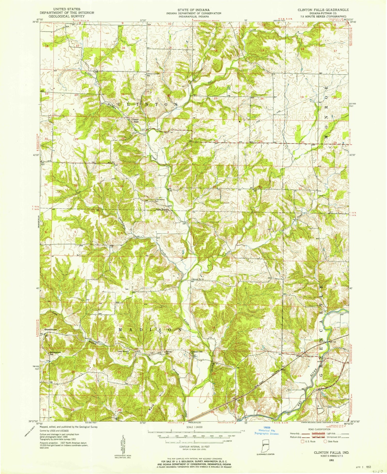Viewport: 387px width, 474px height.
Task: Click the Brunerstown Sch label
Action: [53, 353]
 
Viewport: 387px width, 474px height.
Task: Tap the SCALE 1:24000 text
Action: [193, 427]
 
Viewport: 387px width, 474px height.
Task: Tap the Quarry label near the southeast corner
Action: [320, 408]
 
